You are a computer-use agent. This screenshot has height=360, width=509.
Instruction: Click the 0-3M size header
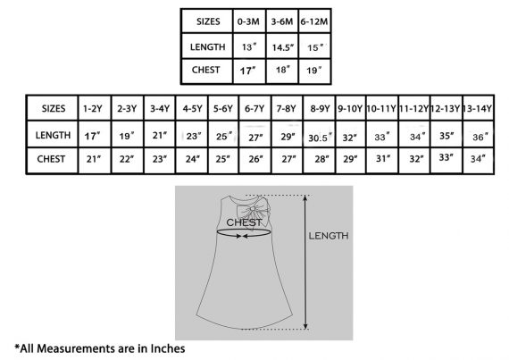tap(248, 21)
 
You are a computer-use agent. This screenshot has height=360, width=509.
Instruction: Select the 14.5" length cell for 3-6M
tap(283, 47)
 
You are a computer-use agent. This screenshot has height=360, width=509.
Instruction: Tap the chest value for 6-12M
tap(314, 70)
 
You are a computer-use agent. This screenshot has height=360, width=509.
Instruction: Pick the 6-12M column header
tap(314, 21)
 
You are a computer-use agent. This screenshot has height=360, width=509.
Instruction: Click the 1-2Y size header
tap(93, 108)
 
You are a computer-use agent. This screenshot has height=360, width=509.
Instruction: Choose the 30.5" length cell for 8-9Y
tap(320, 138)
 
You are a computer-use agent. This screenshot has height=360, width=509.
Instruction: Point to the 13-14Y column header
tap(478, 108)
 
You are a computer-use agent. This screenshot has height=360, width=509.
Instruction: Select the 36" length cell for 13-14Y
tap(480, 137)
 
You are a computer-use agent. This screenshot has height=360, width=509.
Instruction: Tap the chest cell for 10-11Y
tap(382, 158)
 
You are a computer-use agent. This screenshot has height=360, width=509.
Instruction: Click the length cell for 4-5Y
tap(194, 136)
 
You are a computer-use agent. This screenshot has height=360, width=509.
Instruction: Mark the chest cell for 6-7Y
tap(255, 159)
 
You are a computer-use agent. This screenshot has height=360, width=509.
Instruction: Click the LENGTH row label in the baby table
tap(208, 47)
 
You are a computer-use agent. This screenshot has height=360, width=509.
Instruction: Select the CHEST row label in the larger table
tap(51, 159)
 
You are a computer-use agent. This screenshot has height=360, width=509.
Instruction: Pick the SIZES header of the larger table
tap(54, 108)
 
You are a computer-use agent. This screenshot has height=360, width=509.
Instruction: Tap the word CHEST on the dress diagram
tap(244, 222)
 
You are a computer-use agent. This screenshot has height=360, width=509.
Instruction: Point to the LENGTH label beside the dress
tap(329, 236)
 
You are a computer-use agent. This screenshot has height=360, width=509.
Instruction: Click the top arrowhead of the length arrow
tap(305, 197)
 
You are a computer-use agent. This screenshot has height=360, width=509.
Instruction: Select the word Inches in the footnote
tap(168, 348)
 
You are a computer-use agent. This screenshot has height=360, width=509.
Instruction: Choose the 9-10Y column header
tap(350, 108)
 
